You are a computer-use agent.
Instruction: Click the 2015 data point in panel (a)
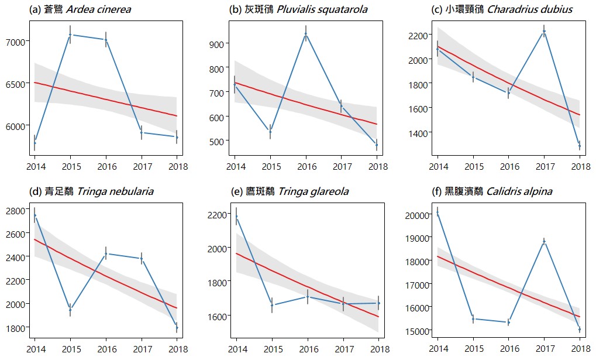[70, 35]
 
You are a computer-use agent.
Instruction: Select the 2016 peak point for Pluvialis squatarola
[306, 34]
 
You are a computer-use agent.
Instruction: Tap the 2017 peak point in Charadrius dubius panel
[544, 32]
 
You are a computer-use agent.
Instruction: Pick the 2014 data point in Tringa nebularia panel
[35, 215]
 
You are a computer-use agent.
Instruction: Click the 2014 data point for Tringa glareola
[236, 217]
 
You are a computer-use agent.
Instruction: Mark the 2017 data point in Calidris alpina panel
[544, 241]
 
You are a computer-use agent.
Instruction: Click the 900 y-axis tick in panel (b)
[219, 44]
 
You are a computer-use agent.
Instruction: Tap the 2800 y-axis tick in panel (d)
[14, 210]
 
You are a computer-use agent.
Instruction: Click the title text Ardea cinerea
[98, 9]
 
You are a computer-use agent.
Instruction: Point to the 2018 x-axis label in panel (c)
[580, 166]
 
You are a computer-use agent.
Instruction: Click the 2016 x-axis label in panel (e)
[307, 349]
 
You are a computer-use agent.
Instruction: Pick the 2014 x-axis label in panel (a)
[35, 166]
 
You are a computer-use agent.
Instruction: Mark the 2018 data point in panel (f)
[580, 330]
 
